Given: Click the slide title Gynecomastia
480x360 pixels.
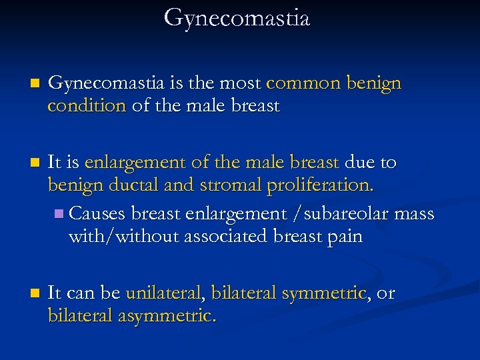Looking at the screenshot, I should (237, 18).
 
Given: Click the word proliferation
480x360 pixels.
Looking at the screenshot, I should (320, 185).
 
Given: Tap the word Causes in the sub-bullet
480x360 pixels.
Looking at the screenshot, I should (98, 214).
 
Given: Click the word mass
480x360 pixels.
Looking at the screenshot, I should (415, 214).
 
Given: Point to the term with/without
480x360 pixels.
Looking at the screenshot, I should (124, 237).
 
